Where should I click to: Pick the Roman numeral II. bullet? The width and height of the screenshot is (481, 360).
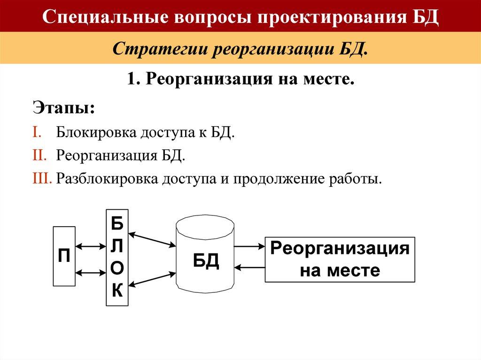pos(40,155)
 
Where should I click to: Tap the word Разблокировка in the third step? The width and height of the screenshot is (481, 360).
pos(107,179)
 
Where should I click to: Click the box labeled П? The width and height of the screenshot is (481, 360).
pos(64,257)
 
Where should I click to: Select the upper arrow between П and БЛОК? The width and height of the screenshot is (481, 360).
pos(91,245)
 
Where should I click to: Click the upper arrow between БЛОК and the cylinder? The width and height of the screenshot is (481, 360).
pos(151,238)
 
